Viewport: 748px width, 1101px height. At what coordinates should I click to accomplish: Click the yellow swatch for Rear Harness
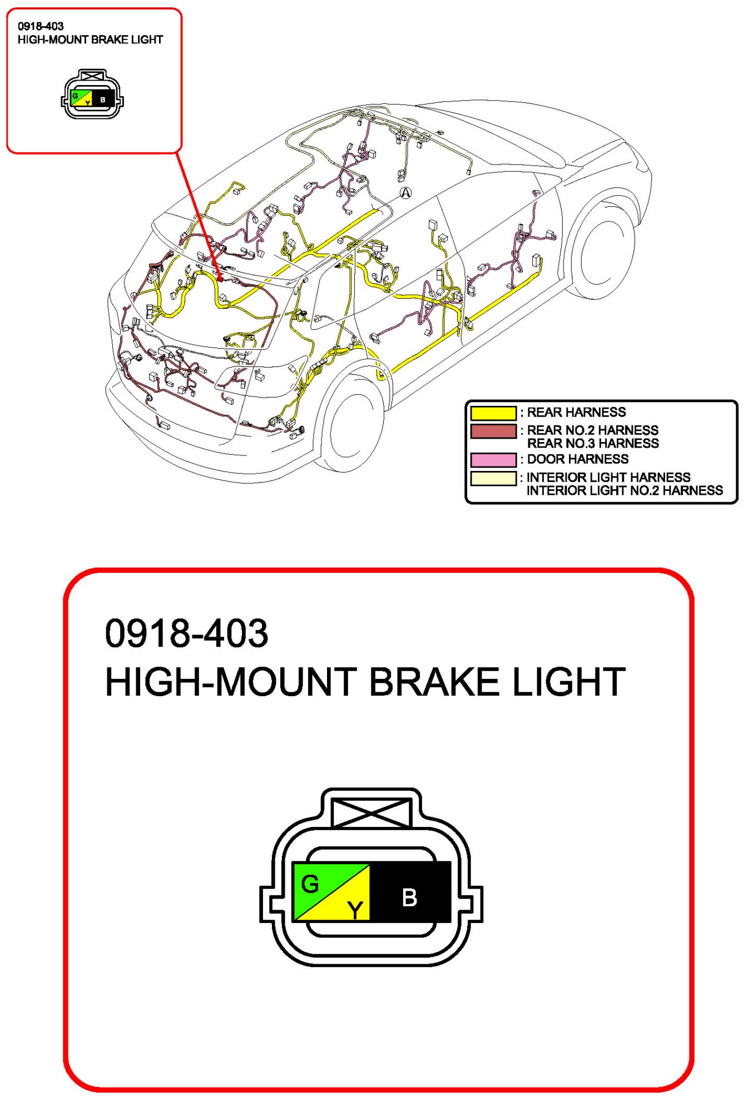point(493,413)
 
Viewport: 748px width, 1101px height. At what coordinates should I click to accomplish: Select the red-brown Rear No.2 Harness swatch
point(493,432)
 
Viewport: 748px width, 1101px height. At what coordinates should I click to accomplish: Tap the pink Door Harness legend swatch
point(493,460)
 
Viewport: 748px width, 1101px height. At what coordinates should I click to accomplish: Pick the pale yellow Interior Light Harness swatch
point(493,478)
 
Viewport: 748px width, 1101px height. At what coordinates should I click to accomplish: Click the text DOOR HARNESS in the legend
point(577,459)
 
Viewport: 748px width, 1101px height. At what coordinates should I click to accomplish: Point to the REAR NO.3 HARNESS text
point(592,444)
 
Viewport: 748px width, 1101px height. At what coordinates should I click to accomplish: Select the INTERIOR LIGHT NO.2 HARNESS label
point(624,491)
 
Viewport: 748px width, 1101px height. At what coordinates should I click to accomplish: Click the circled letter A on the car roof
point(406,193)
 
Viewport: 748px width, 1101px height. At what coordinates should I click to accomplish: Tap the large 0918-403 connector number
point(186,633)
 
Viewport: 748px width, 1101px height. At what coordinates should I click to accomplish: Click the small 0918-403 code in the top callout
point(41,26)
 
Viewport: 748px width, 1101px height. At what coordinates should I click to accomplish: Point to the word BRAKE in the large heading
point(434,682)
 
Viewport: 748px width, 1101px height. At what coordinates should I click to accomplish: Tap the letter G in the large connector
point(310,884)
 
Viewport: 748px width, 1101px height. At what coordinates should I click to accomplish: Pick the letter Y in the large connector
point(355,910)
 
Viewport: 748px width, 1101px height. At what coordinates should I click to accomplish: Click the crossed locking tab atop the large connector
point(371,813)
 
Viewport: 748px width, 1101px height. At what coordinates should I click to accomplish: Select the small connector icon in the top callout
point(92,95)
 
